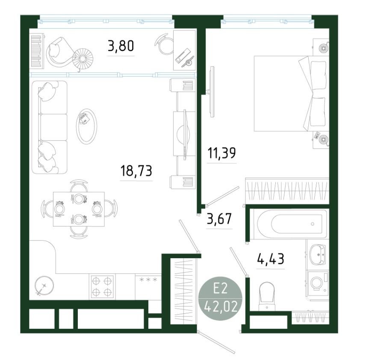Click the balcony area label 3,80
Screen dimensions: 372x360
pyautogui.click(x=121, y=46)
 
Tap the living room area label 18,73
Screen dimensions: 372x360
pyautogui.click(x=136, y=171)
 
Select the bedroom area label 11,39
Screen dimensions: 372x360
pyautogui.click(x=221, y=153)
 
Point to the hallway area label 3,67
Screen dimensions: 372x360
pyautogui.click(x=219, y=219)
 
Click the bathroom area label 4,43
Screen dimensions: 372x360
pyautogui.click(x=271, y=259)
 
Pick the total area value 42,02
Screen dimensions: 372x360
pyautogui.click(x=221, y=307)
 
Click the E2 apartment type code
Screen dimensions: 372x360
pyautogui.click(x=220, y=289)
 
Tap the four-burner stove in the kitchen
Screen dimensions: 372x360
pyautogui.click(x=102, y=287)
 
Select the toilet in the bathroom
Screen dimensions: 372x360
pyautogui.click(x=267, y=296)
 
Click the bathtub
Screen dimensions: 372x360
pyautogui.click(x=289, y=224)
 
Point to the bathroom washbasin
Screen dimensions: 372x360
pyautogui.click(x=318, y=255)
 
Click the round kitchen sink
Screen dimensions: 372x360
pyautogui.click(x=44, y=285)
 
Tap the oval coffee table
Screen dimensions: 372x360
pyautogui.click(x=86, y=126)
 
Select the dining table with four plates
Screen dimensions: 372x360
pyautogui.click(x=79, y=209)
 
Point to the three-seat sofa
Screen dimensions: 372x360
pyautogui.click(x=50, y=127)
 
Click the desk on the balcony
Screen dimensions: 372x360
pyautogui.click(x=184, y=50)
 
